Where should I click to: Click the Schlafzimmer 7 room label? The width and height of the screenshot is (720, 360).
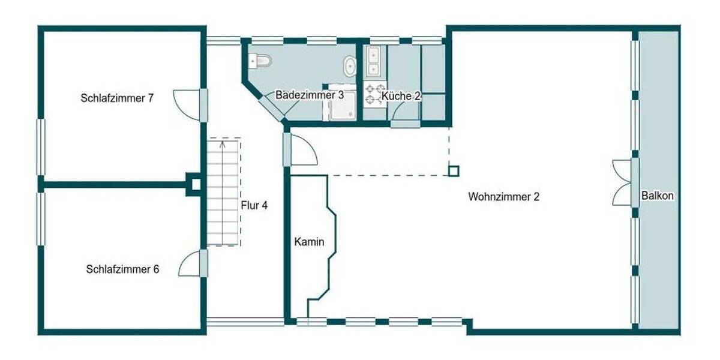[x=118, y=98]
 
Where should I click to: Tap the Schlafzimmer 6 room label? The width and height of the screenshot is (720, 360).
[x=122, y=269]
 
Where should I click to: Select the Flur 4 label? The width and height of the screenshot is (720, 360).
[x=254, y=205]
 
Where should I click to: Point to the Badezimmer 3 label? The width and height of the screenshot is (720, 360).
[x=310, y=95]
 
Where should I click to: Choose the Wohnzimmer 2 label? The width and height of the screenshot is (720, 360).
[x=504, y=196]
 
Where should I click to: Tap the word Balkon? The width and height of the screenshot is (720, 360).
[x=658, y=196]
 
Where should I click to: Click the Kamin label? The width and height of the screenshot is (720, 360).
[x=309, y=242]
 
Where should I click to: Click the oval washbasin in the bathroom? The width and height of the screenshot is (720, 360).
[x=349, y=65]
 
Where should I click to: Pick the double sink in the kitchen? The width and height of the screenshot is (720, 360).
[x=374, y=62]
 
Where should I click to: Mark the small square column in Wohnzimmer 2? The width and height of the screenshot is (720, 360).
[x=454, y=171]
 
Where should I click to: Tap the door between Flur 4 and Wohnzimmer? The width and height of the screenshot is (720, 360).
[x=300, y=150]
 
